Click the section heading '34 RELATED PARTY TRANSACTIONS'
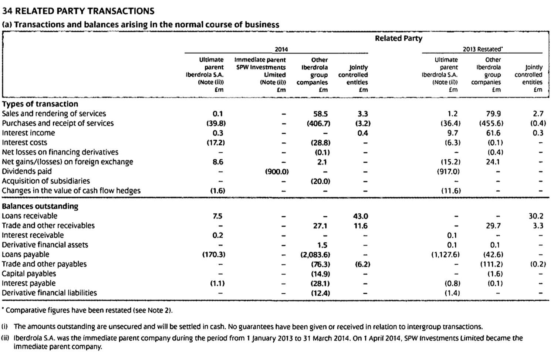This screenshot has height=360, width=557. pyautogui.click(x=78, y=11)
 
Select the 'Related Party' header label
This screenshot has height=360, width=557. pyautogui.click(x=398, y=38)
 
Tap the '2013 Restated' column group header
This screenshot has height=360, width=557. pyautogui.click(x=482, y=49)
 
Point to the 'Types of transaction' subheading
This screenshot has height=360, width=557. pyautogui.click(x=40, y=104)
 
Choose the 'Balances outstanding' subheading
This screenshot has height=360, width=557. pyautogui.click(x=40, y=206)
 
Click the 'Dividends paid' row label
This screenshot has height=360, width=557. pyautogui.click(x=27, y=171)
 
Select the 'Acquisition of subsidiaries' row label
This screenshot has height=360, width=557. pyautogui.click(x=46, y=181)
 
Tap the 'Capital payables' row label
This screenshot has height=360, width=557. pyautogui.click(x=29, y=274)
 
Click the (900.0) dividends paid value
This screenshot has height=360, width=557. pyautogui.click(x=277, y=171)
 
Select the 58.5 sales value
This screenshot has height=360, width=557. pyautogui.click(x=320, y=114)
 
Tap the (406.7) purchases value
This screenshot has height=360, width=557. pyautogui.click(x=318, y=123)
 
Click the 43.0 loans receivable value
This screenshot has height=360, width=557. pyautogui.click(x=361, y=216)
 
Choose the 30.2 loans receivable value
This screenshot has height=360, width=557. pyautogui.click(x=536, y=216)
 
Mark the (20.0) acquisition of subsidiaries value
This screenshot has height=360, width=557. pyautogui.click(x=320, y=181)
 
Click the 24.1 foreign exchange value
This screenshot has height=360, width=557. pyautogui.click(x=493, y=162)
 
